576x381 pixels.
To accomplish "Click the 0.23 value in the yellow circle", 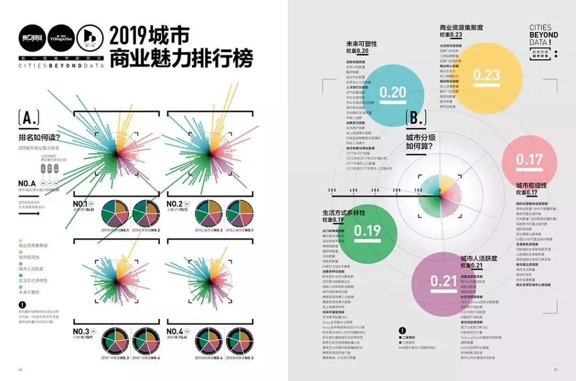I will (x=486, y=75).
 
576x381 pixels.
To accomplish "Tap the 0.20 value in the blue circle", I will (x=393, y=92).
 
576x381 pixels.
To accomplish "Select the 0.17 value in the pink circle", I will (x=529, y=159).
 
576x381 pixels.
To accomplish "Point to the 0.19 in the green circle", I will (x=367, y=230).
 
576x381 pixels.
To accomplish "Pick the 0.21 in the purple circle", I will (x=444, y=281).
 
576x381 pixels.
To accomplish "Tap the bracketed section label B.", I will (x=415, y=119).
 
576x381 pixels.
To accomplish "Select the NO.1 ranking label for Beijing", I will (x=80, y=204).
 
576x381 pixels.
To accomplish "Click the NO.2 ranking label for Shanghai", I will (x=174, y=204).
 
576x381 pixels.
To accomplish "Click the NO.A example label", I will (x=27, y=183).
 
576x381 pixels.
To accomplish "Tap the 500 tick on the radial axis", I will (x=332, y=190).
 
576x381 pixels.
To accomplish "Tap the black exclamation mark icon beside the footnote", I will (x=21, y=305).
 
